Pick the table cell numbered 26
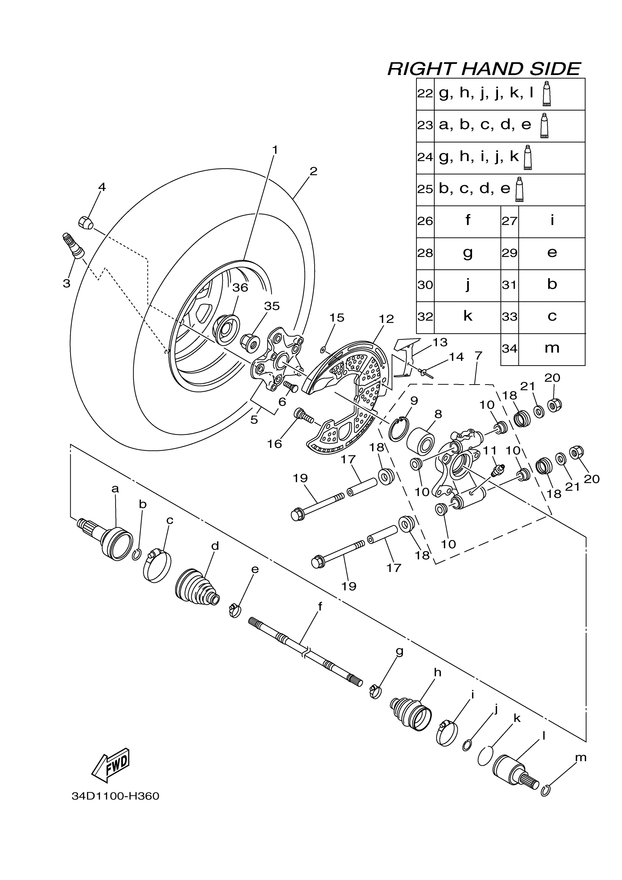[x=425, y=221]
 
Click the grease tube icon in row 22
[x=547, y=94]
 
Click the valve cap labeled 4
[x=86, y=222]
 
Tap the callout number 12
[x=386, y=319]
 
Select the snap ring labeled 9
[x=398, y=430]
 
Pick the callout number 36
[x=240, y=288]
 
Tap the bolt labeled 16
[x=304, y=415]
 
